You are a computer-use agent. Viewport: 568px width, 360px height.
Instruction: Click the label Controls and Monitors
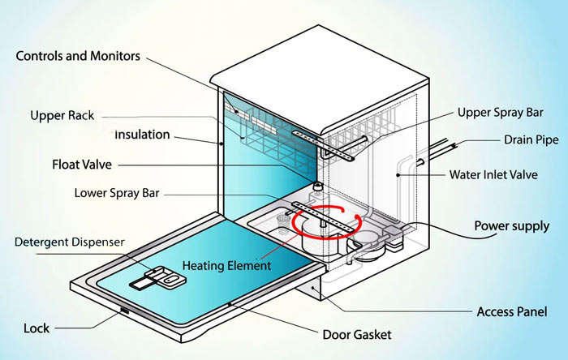78,57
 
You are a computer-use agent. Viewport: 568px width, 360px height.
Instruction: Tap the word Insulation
142,134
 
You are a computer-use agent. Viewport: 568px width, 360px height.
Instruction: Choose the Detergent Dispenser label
69,242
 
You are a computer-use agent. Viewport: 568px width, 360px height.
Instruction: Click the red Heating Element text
227,265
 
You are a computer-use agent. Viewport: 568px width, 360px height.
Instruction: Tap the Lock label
37,328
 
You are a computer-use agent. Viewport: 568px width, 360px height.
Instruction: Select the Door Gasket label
357,334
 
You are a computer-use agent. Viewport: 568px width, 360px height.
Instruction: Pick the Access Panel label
511,311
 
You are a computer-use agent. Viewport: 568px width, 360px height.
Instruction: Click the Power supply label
510,226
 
